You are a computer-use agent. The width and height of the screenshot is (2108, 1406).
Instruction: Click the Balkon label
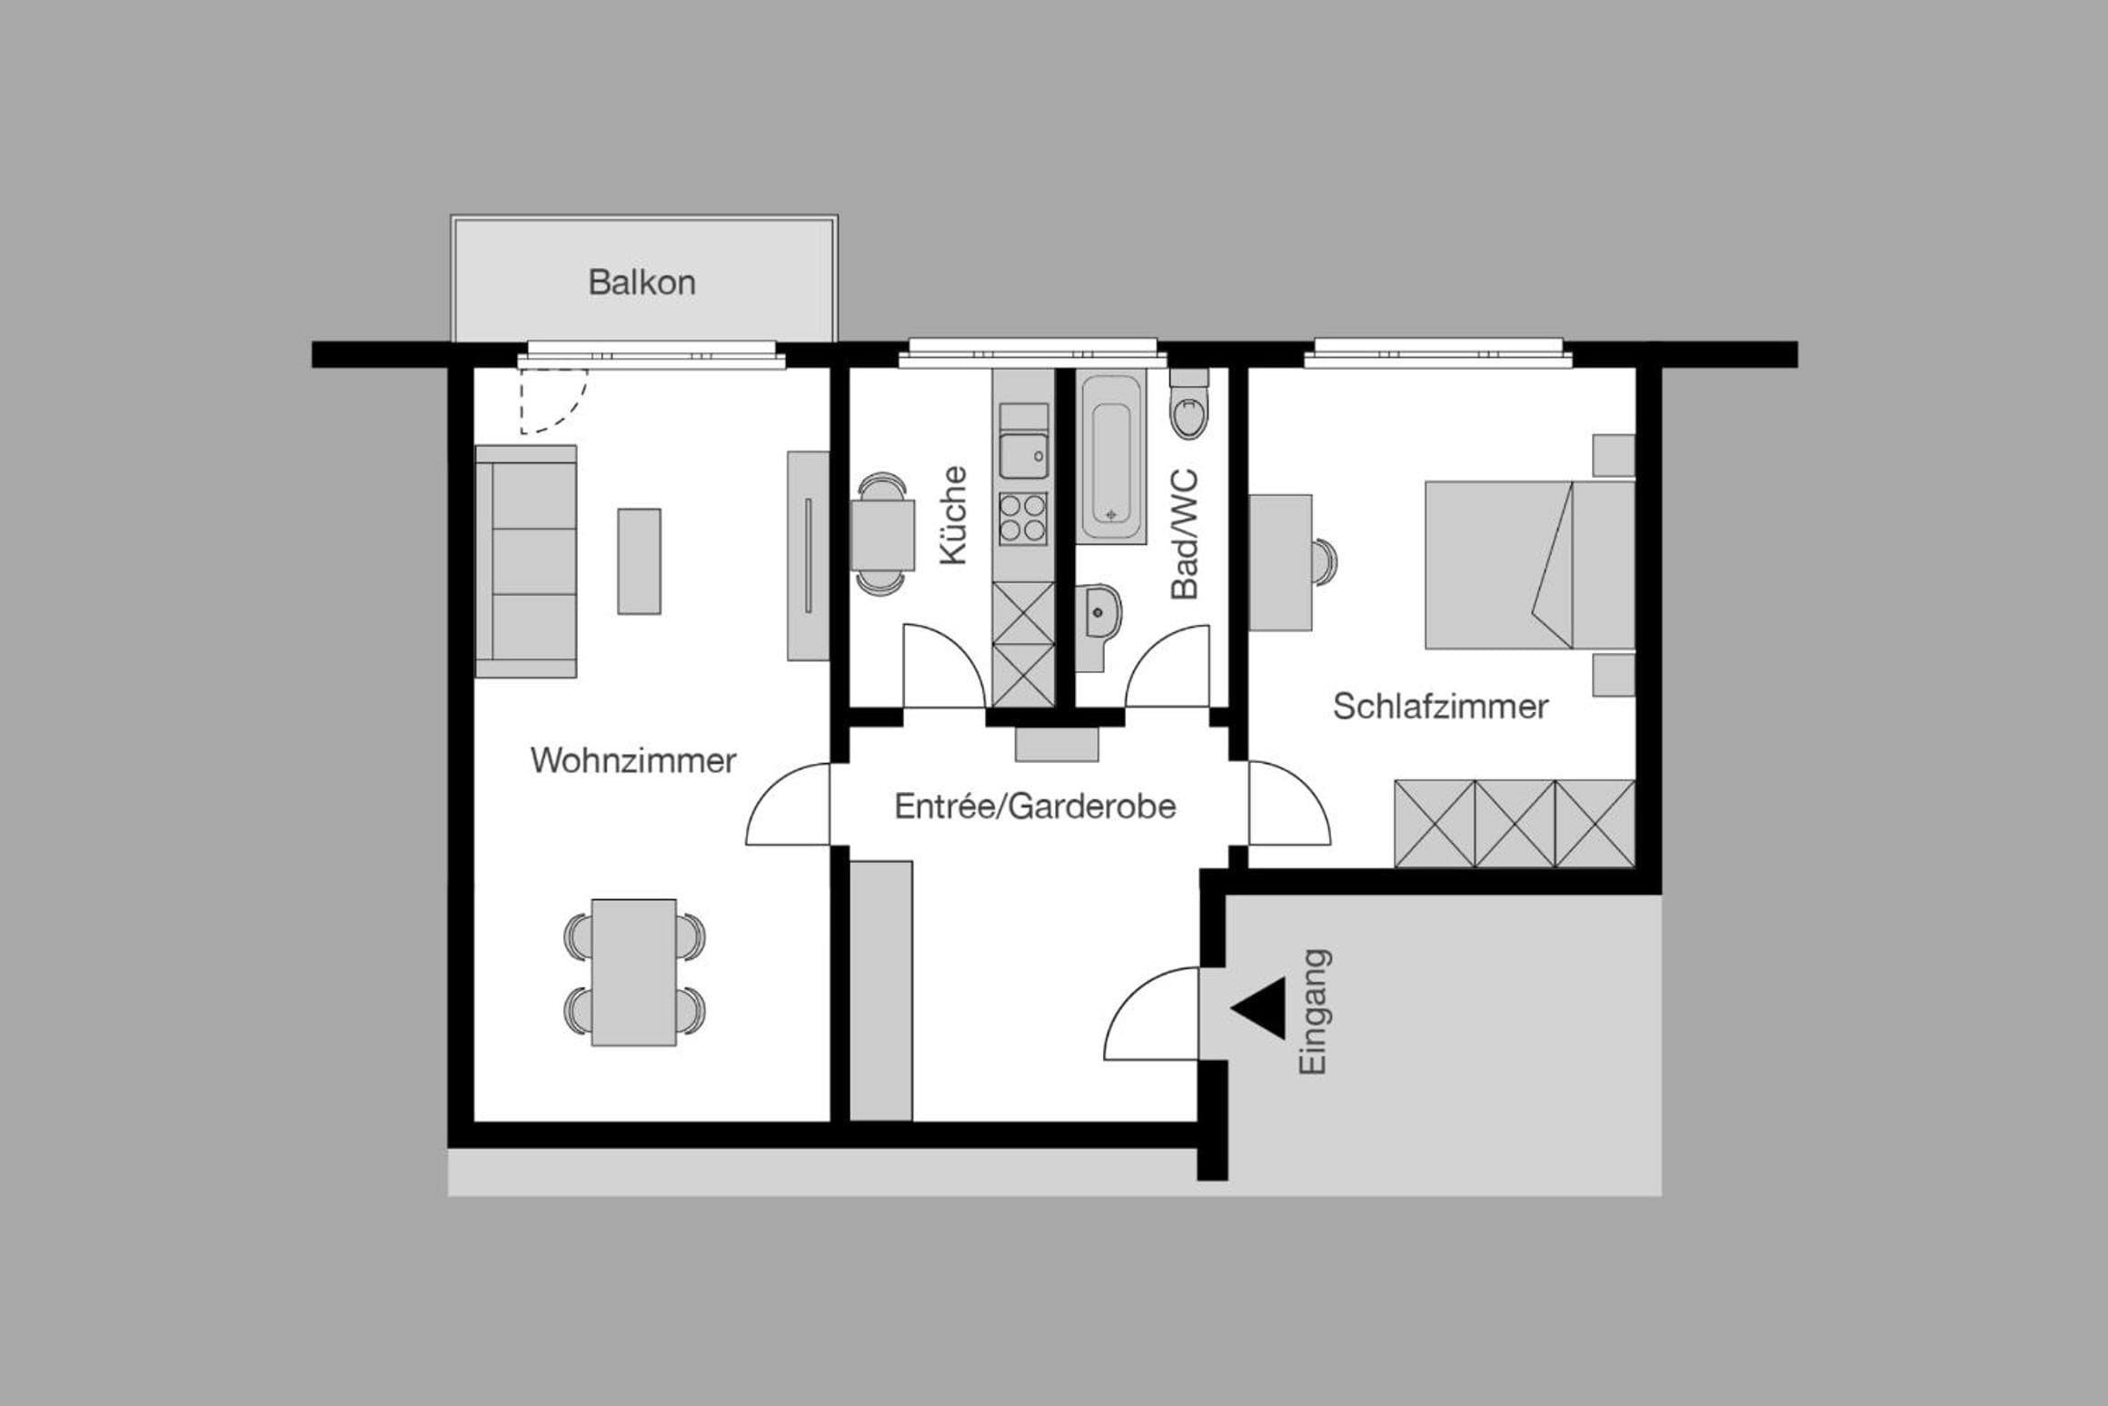(x=641, y=282)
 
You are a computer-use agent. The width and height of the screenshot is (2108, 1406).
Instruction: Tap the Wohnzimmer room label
(x=633, y=760)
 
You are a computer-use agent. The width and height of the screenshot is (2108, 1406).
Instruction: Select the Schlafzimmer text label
(x=1440, y=706)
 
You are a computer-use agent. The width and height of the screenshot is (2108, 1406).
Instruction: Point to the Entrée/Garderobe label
(x=1035, y=806)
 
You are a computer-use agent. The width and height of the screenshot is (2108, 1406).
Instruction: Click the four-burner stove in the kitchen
(x=1023, y=518)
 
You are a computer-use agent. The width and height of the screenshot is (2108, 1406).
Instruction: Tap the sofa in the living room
(x=526, y=561)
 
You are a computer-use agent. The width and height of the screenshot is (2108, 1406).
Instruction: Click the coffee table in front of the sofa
(x=640, y=561)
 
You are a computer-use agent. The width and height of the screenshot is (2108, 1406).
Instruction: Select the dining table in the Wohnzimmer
(x=633, y=972)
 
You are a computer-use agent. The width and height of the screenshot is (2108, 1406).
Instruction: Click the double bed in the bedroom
(x=1530, y=565)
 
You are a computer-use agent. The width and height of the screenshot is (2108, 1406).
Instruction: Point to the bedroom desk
(x=1280, y=562)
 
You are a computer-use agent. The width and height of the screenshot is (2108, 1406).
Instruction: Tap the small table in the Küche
(x=883, y=535)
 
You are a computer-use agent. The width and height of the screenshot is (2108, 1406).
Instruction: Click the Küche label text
(x=953, y=515)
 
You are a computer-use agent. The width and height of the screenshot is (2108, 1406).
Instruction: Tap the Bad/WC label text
(x=1185, y=534)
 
